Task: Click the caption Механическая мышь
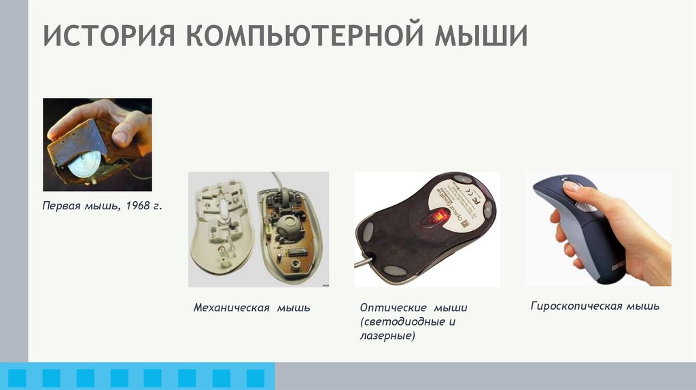(x=251, y=308)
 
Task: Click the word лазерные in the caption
(x=387, y=336)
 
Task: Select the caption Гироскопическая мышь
(x=595, y=306)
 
